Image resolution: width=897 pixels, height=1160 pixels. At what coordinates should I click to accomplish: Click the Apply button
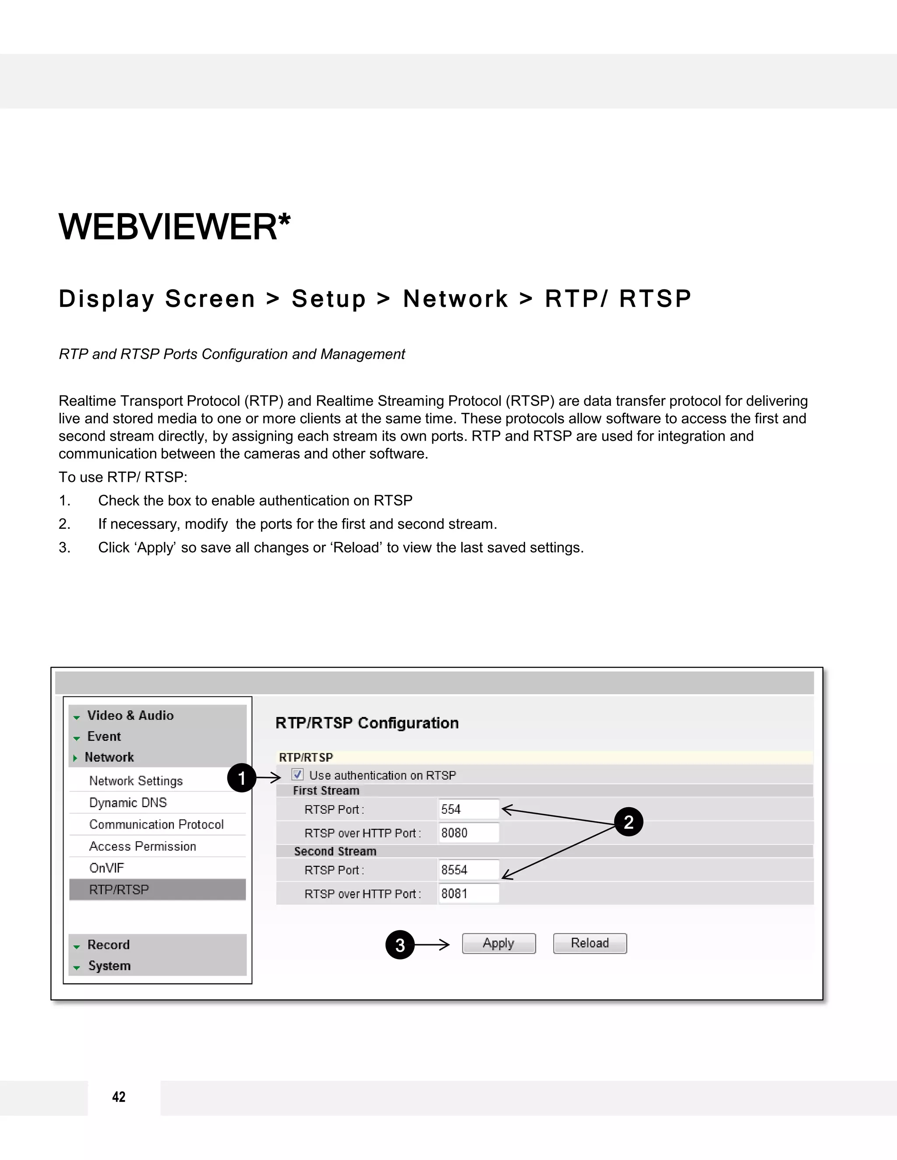[498, 943]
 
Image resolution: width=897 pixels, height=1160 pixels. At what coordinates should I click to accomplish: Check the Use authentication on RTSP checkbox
[297, 774]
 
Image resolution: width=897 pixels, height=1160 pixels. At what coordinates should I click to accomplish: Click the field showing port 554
[468, 809]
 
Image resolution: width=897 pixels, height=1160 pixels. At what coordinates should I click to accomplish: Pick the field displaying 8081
[468, 893]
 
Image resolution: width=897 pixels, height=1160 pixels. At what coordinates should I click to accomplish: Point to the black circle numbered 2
[628, 822]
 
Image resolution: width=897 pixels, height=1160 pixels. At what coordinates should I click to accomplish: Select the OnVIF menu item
[107, 868]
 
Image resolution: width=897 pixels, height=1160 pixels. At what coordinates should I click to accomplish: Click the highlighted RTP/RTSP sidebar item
[119, 889]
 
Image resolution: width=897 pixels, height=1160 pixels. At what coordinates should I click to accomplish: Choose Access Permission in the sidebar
[142, 846]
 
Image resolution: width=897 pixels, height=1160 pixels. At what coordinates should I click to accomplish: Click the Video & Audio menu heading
[130, 715]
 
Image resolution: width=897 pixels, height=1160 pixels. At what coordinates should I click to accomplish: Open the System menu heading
[109, 966]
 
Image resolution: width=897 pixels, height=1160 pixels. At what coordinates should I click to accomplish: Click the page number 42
[119, 1097]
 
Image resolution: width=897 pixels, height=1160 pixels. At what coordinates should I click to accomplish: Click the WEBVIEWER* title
[174, 227]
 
